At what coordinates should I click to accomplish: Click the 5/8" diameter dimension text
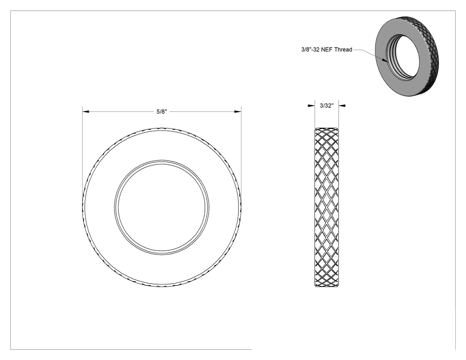[x=162, y=112]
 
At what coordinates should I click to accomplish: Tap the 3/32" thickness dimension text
[x=327, y=106]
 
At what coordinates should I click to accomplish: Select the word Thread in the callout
[x=343, y=50]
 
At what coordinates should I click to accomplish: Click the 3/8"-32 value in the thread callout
[x=311, y=50]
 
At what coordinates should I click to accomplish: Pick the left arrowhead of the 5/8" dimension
[x=86, y=112]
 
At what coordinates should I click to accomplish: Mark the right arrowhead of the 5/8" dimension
[x=238, y=112]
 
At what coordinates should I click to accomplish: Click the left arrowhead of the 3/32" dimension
[x=312, y=105]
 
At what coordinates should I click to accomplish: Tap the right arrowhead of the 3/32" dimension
[x=342, y=105]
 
